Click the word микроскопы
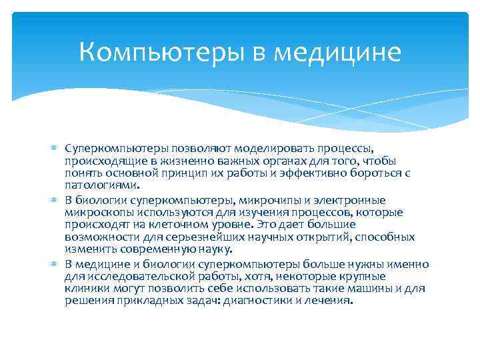click(99, 213)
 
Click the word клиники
click(87, 288)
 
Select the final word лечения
click(329, 300)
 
